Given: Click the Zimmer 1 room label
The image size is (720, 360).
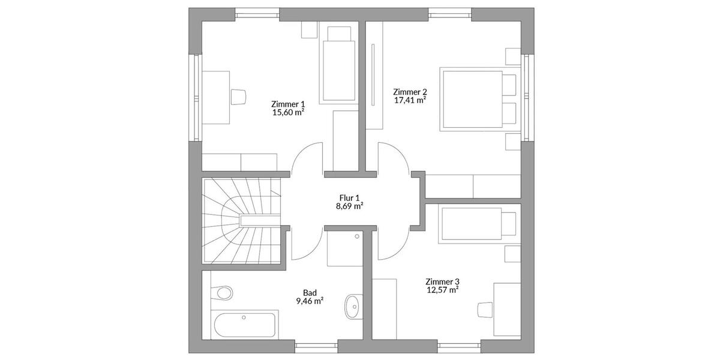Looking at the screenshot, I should click(288, 103).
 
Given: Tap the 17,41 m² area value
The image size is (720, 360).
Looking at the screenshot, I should click(410, 100).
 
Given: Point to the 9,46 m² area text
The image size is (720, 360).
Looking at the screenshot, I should click(310, 301).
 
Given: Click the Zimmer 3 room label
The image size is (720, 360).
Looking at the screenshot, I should click(442, 281).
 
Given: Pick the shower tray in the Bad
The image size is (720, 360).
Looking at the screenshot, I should click(344, 249).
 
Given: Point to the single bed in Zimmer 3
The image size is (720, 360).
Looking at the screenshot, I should click(478, 223).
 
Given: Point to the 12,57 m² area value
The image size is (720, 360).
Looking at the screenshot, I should click(442, 290).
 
